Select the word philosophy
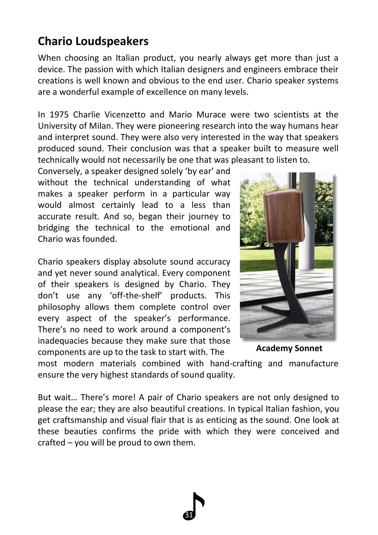click(59, 307)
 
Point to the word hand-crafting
click(236, 363)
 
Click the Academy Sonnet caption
click(289, 349)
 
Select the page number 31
click(188, 515)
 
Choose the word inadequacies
click(63, 341)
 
